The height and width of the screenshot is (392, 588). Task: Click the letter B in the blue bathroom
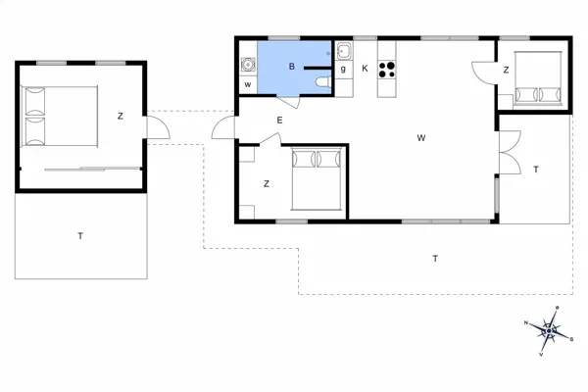pyautogui.click(x=291, y=67)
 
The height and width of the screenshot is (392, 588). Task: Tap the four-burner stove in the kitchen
pyautogui.click(x=387, y=69)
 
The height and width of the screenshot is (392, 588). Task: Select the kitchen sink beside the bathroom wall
pyautogui.click(x=344, y=53)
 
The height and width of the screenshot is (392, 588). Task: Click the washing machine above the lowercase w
pyautogui.click(x=248, y=66)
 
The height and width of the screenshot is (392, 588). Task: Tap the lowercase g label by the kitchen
pyautogui.click(x=343, y=70)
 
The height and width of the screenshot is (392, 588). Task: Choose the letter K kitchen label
pyautogui.click(x=365, y=68)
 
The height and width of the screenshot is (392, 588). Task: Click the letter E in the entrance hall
pyautogui.click(x=279, y=121)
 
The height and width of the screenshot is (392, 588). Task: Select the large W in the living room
pyautogui.click(x=420, y=138)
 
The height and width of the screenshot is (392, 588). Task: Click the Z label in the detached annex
pyautogui.click(x=121, y=117)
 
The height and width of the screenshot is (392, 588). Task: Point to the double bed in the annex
pyautogui.click(x=60, y=115)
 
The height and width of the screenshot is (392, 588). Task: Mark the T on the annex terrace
pyautogui.click(x=80, y=235)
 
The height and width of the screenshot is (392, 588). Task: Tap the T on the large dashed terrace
pyautogui.click(x=435, y=258)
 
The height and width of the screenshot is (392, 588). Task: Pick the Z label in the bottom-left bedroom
pyautogui.click(x=267, y=183)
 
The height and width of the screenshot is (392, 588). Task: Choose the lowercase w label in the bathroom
pyautogui.click(x=248, y=85)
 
